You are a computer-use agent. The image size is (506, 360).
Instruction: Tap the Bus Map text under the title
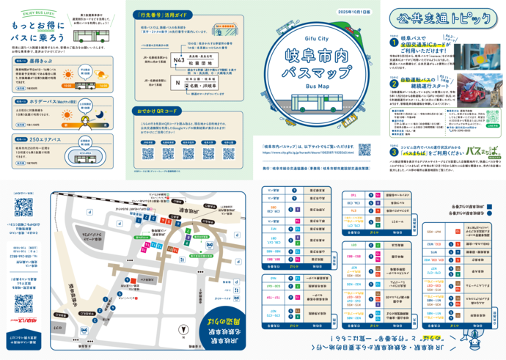[315, 85]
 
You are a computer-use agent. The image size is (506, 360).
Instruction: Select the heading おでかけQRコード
[158, 111]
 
